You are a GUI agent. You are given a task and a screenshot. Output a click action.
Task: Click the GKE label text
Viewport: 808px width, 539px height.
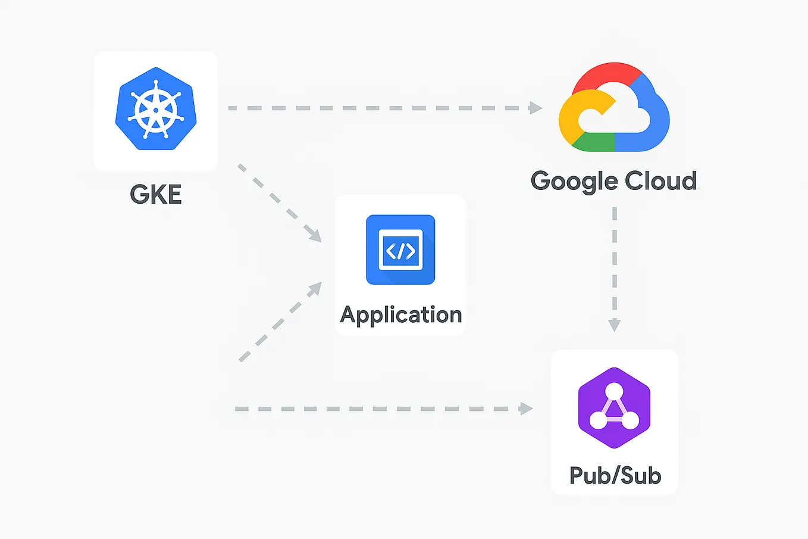156,195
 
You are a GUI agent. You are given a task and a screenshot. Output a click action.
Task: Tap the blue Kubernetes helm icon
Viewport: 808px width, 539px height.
156,109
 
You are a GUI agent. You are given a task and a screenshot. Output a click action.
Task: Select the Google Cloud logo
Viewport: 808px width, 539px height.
614,108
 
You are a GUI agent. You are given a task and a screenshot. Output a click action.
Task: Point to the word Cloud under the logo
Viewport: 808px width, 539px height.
660,181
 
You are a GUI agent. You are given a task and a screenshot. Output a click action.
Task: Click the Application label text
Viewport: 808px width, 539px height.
400,314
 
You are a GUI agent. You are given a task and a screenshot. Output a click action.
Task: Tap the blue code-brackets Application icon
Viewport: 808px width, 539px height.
400,250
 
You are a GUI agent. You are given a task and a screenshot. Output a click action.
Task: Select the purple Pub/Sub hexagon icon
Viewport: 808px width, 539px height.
614,408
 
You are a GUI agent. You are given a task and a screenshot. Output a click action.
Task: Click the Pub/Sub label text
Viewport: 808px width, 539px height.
615,475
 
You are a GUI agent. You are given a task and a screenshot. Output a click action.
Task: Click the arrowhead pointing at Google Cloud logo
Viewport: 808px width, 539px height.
536,108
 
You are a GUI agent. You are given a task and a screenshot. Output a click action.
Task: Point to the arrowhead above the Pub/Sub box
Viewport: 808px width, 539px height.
615,325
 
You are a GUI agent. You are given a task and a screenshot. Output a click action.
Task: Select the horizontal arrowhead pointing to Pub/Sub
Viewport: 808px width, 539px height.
526,409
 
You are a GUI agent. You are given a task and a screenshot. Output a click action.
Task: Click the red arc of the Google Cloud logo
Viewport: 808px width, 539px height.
607,73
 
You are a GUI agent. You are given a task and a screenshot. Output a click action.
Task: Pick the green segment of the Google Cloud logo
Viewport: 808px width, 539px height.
595,143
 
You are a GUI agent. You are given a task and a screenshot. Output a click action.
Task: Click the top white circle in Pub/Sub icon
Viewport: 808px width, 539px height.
614,391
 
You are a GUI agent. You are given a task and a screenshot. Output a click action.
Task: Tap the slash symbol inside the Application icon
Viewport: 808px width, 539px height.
401,250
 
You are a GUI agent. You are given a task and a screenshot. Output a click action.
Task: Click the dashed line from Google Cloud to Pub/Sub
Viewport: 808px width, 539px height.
615,262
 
